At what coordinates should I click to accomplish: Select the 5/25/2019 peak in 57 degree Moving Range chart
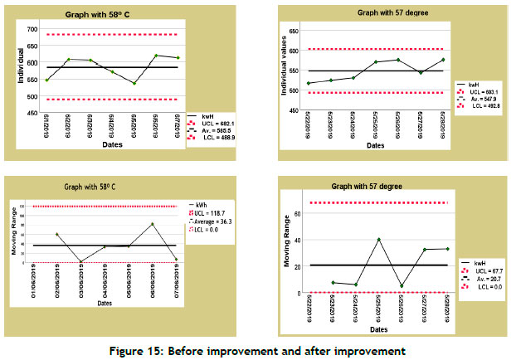(x=378, y=240)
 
